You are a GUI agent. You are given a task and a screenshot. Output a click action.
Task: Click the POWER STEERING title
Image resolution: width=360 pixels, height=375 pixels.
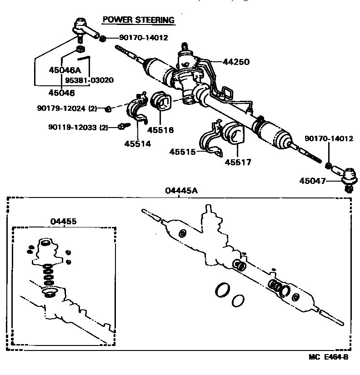click(138, 20)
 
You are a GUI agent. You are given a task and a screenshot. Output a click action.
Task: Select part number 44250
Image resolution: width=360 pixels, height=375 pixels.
click(236, 62)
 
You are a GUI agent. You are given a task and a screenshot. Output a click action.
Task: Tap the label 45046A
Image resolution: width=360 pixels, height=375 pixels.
click(65, 70)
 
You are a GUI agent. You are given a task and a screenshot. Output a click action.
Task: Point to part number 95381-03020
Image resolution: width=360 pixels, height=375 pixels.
click(89, 80)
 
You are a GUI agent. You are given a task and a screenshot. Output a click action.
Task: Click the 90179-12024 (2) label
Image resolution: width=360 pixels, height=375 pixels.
click(67, 109)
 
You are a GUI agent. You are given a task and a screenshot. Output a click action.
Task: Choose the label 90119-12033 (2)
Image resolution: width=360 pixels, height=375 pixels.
click(78, 128)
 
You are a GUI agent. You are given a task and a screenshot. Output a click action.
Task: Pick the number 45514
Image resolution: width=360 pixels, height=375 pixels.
click(138, 143)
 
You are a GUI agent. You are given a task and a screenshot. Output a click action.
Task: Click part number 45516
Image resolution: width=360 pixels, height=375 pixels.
click(160, 129)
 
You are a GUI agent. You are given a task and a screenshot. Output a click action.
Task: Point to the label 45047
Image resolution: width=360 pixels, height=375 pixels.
click(313, 180)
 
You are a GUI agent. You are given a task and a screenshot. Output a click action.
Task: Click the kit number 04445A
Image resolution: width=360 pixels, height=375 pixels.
click(181, 191)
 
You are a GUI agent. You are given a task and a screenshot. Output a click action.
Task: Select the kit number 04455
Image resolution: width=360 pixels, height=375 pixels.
click(63, 221)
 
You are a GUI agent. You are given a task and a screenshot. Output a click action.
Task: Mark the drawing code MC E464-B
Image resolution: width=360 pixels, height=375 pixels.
click(330, 357)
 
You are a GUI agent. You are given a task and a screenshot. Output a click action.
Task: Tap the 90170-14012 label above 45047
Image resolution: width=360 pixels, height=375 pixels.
click(329, 138)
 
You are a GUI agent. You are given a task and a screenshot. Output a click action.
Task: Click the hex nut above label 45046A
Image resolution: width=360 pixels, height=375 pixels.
click(80, 49)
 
